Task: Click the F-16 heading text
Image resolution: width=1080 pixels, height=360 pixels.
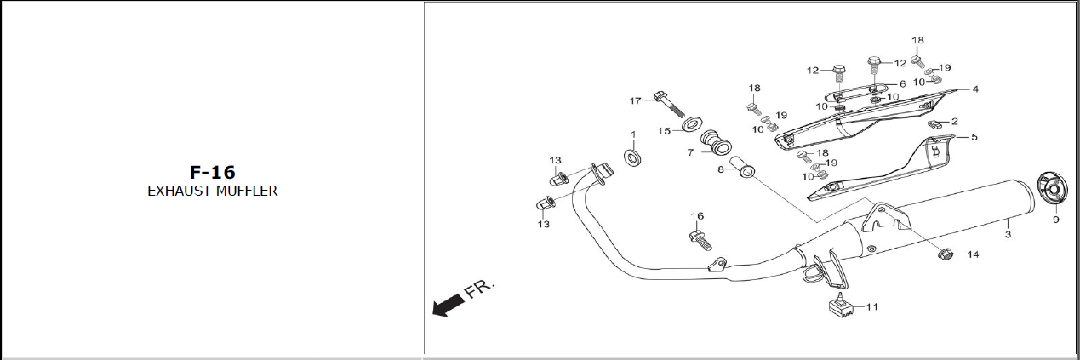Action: pos(213,173)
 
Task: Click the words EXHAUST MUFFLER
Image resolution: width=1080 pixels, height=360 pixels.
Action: pos(213,191)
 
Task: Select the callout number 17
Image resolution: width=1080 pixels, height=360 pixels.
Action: pos(636,100)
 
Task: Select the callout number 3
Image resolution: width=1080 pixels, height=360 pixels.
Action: pos(1009,235)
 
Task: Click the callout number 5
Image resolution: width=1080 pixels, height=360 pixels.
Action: pos(974,137)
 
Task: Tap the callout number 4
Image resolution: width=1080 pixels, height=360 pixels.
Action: pos(975,89)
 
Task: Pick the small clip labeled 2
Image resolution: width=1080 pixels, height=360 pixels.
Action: pos(934,124)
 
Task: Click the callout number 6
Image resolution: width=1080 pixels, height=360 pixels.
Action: pos(902,84)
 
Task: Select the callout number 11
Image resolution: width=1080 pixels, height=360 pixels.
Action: pos(871,306)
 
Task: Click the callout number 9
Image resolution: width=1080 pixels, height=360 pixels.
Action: pos(1056,220)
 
